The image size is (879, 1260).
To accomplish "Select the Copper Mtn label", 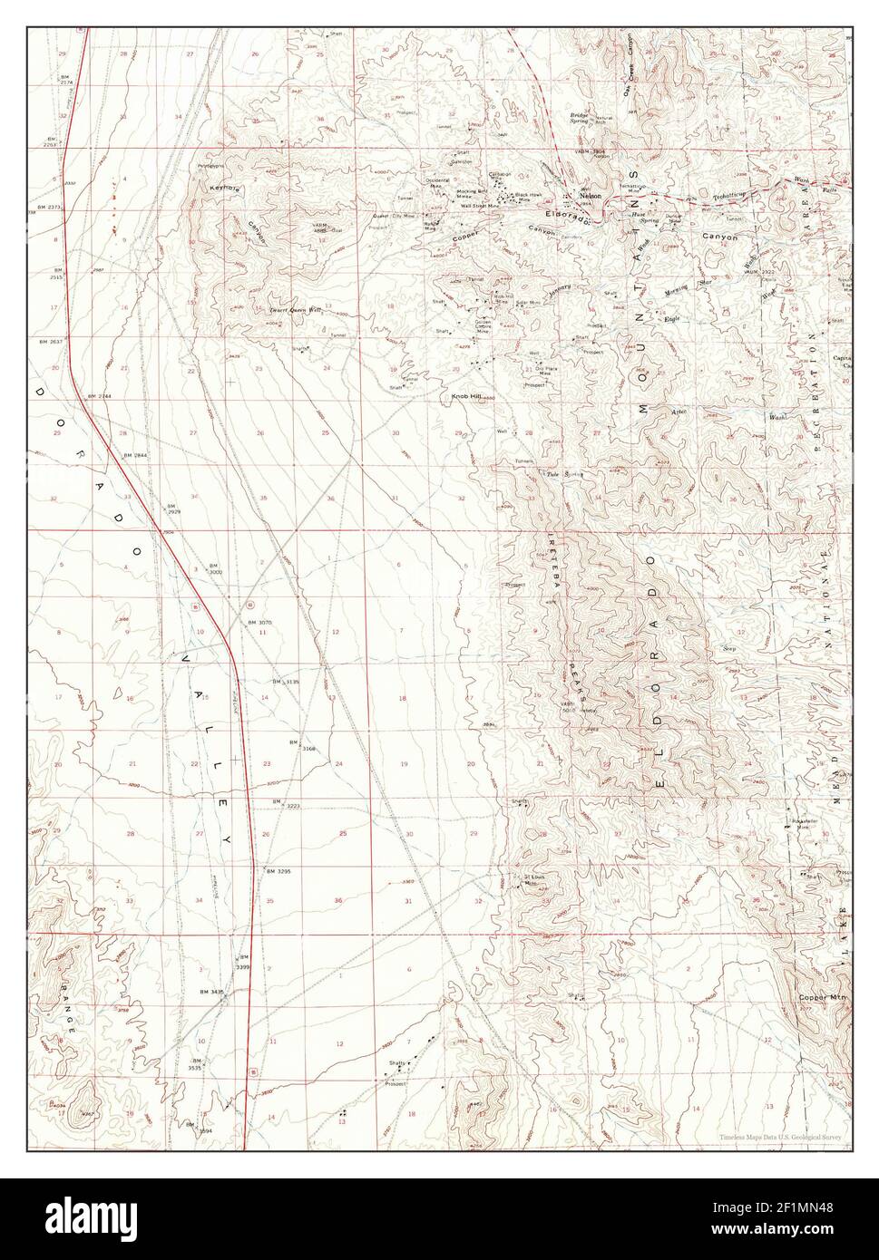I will pyautogui.click(x=822, y=998).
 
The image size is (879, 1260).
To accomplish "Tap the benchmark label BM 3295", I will pyautogui.click(x=278, y=871).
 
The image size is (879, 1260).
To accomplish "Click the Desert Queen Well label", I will pyautogui.click(x=296, y=309).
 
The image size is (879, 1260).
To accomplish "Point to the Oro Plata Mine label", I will pyautogui.click(x=544, y=370).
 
